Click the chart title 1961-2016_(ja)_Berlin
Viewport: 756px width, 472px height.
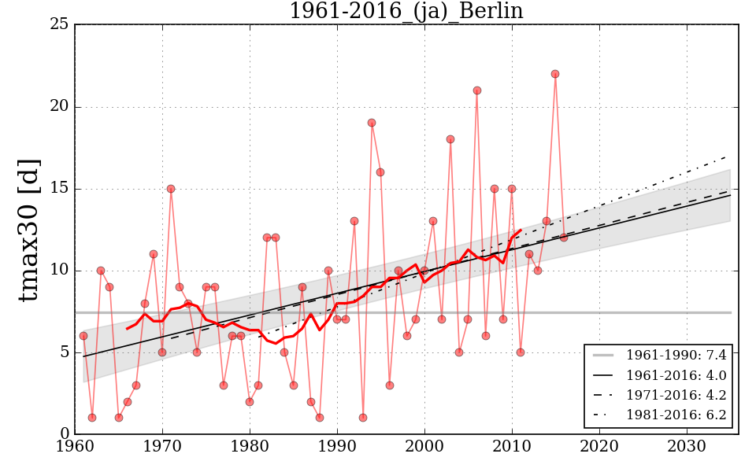tap(406, 11)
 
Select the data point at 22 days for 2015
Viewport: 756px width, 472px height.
tap(555, 74)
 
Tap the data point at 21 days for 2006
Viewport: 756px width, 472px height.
tap(476, 90)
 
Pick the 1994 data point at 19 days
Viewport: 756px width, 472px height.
tap(372, 123)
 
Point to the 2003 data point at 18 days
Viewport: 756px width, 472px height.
tap(450, 139)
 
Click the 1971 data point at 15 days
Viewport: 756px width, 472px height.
tap(171, 189)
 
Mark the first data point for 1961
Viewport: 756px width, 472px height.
tap(83, 336)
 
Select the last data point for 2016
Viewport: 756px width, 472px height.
tap(564, 238)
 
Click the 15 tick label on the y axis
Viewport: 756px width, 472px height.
tap(59, 189)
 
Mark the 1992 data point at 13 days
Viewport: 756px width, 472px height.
tap(354, 221)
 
